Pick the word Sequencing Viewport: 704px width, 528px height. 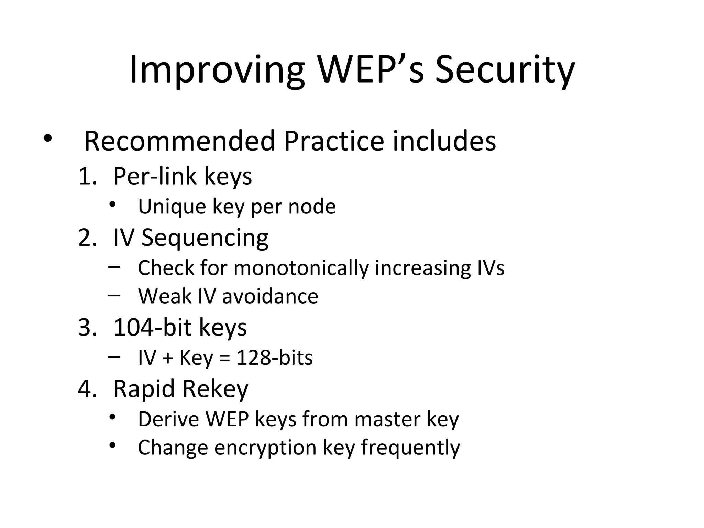coord(205,238)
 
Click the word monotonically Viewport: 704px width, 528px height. coord(301,268)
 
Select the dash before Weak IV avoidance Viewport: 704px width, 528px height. coord(114,295)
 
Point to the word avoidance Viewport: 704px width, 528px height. coord(270,296)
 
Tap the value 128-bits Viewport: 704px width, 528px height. coord(275,358)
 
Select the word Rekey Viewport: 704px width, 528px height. coord(215,389)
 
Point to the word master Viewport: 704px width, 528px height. coord(387,419)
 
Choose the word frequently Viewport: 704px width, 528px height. coord(410,448)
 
